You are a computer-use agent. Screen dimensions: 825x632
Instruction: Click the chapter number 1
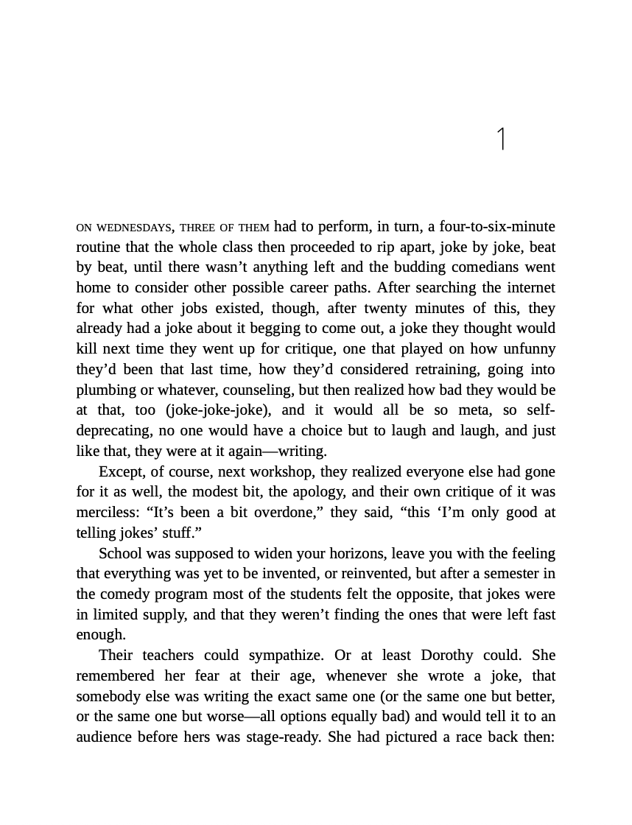[x=502, y=139]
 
